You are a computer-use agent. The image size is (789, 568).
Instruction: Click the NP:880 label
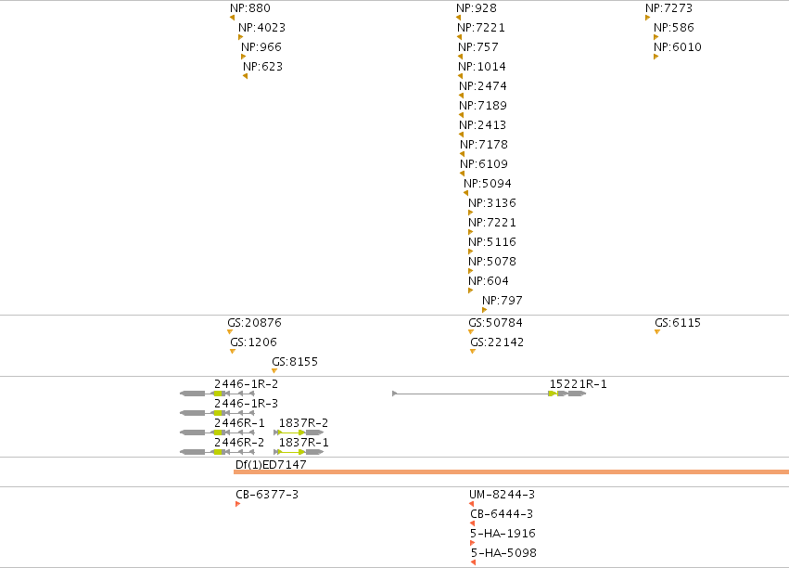tap(250, 8)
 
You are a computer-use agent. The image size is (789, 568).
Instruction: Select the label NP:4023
tap(261, 28)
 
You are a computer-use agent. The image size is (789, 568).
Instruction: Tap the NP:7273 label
tap(668, 8)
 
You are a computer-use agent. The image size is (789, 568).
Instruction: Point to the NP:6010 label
tap(678, 47)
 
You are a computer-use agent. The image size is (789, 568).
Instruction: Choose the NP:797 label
tap(503, 301)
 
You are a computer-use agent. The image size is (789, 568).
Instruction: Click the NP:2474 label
tap(482, 86)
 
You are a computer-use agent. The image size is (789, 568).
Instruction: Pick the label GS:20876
tap(254, 323)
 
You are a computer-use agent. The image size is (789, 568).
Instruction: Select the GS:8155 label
tap(294, 362)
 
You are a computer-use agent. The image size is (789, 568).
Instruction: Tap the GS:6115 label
tap(678, 323)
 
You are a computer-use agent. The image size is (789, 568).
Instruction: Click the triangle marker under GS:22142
tap(473, 352)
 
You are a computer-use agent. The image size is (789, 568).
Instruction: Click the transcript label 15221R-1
tap(578, 384)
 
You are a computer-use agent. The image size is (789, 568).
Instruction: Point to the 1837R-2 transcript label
tap(303, 423)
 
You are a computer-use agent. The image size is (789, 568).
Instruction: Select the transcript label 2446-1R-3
tap(246, 404)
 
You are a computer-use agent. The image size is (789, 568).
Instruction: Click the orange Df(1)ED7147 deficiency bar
tap(511, 471)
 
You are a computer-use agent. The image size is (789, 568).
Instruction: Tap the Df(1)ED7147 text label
tap(271, 465)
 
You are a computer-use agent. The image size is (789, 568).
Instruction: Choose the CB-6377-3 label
tap(267, 495)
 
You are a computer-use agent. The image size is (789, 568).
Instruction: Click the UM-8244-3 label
tap(502, 495)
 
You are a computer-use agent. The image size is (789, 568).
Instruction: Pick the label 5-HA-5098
tap(503, 553)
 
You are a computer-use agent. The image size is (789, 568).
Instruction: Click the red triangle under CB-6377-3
tap(237, 504)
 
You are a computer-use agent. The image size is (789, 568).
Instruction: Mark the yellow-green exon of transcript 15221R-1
tap(553, 394)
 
